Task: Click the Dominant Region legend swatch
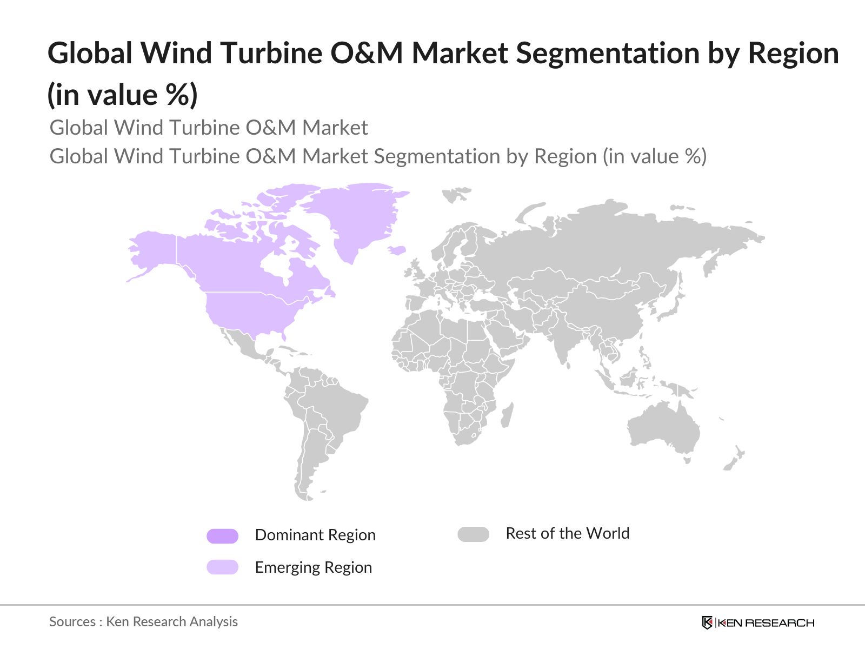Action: [222, 536]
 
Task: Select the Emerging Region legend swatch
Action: [222, 567]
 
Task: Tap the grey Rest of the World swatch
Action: [473, 534]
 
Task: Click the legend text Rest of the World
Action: [567, 533]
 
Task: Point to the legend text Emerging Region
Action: [313, 567]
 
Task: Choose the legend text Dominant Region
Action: [315, 535]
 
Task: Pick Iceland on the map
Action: [397, 250]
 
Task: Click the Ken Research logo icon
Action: [707, 622]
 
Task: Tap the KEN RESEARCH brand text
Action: [766, 623]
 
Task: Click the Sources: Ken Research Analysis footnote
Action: [143, 622]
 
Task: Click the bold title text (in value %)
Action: [122, 95]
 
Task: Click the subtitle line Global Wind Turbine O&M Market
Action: [209, 128]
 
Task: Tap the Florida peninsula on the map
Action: [283, 335]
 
